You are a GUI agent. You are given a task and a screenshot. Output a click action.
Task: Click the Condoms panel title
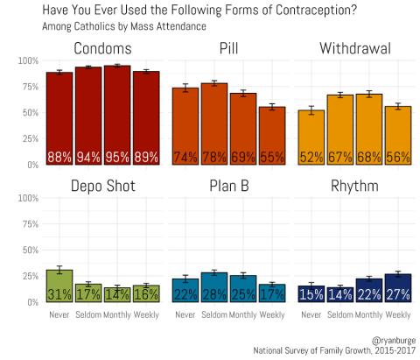(x=102, y=46)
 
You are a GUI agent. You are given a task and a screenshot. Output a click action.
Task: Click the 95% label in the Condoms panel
(x=117, y=158)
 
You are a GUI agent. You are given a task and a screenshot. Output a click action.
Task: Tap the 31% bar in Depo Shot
(x=59, y=286)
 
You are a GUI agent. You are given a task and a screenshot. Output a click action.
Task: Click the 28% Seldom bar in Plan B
(x=213, y=287)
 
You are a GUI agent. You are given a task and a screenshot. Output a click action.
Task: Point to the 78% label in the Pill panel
(x=213, y=158)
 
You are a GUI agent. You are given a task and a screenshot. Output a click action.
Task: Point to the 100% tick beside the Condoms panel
(x=27, y=60)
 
